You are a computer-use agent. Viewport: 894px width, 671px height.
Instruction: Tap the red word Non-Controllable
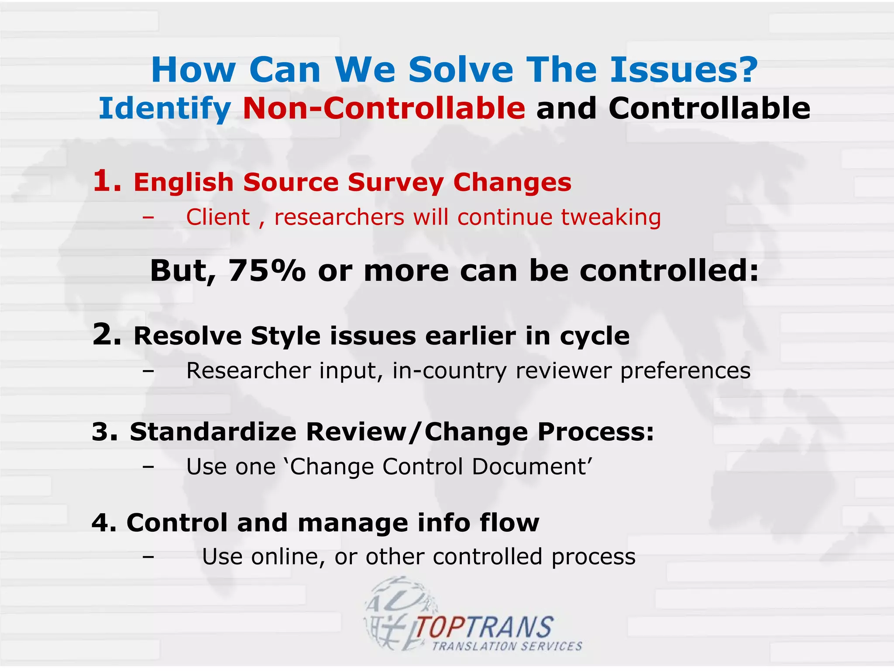pos(384,108)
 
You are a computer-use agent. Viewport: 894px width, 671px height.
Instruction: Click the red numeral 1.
pos(107,181)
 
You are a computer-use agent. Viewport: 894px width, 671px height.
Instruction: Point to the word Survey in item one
pos(396,183)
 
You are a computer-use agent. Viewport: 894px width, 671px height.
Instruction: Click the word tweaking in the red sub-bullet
pos(611,218)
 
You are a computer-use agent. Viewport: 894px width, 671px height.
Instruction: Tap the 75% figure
pos(267,270)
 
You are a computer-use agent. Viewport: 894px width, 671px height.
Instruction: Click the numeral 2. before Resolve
pos(107,335)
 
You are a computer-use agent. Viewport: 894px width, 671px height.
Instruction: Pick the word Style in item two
pos(285,336)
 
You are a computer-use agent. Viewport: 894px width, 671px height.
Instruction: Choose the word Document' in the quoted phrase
pos(532,467)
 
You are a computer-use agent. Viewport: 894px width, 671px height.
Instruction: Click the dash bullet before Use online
pos(148,557)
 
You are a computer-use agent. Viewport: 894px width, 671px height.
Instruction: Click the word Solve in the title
pos(461,70)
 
